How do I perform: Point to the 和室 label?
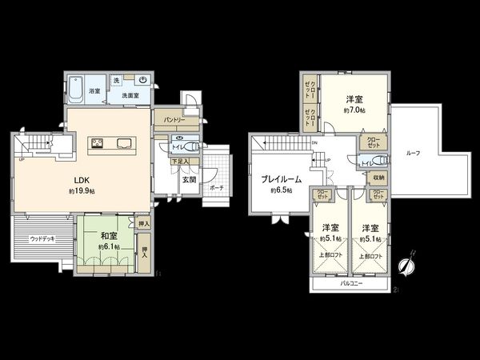click(109, 236)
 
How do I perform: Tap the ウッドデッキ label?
click(42, 238)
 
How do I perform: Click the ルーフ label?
click(413, 153)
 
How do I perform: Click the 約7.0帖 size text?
click(356, 110)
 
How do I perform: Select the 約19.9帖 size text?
click(82, 192)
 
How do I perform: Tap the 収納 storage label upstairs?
click(378, 178)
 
